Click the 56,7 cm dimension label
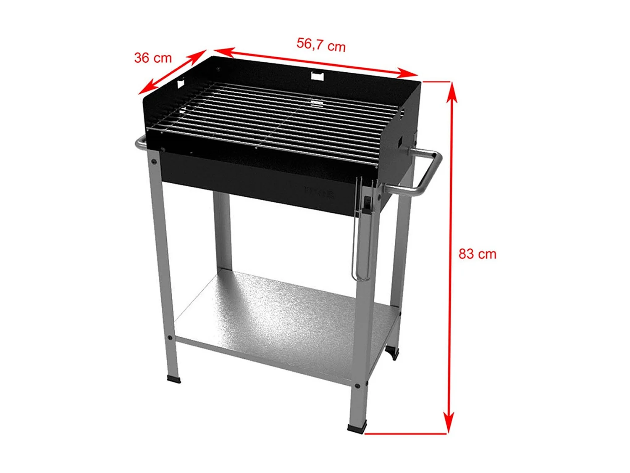click(x=321, y=44)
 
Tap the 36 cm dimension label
click(x=153, y=58)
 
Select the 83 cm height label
click(x=477, y=254)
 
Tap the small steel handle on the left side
click(x=140, y=143)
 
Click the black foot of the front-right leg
click(x=357, y=429)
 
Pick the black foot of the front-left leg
click(x=174, y=379)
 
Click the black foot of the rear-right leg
click(x=392, y=352)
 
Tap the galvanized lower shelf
click(x=277, y=320)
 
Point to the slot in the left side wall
click(x=181, y=83)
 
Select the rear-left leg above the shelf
click(x=222, y=231)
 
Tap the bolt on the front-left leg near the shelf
click(x=169, y=338)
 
